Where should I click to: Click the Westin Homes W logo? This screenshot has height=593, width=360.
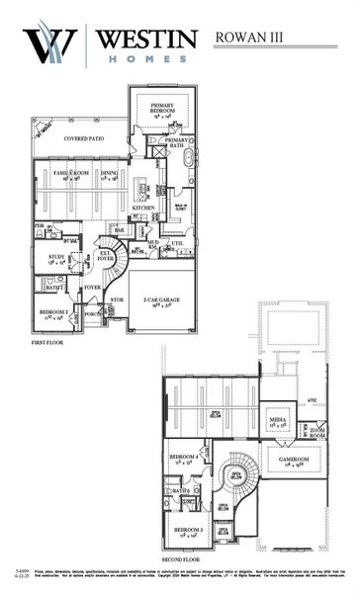pyautogui.click(x=49, y=45)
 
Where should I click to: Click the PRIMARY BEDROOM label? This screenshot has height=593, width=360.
pyautogui.click(x=162, y=107)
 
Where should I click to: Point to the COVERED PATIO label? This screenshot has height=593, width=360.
pyautogui.click(x=83, y=139)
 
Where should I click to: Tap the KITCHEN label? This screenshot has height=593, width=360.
pyautogui.click(x=143, y=208)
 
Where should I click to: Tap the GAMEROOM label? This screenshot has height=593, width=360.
pyautogui.click(x=295, y=460)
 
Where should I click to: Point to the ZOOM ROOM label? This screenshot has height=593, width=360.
pyautogui.click(x=317, y=430)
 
